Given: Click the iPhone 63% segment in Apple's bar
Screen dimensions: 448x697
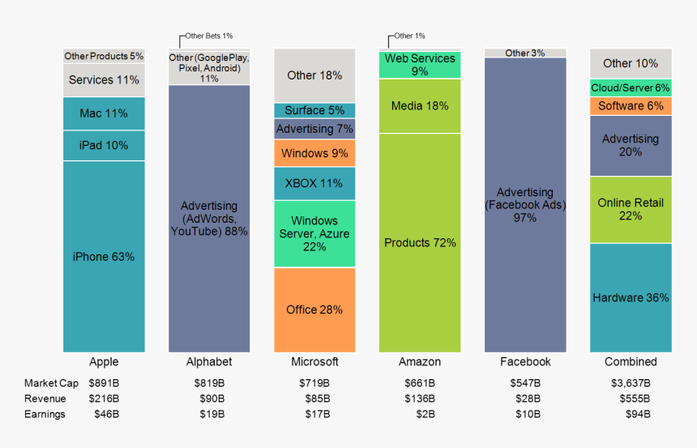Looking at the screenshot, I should click(x=104, y=257).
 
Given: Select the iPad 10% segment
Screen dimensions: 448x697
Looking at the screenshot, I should click(x=104, y=146).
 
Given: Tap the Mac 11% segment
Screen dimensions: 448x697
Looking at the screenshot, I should click(x=104, y=113).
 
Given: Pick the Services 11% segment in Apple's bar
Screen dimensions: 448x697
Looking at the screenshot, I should click(x=104, y=80).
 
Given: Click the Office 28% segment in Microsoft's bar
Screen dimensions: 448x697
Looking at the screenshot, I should click(x=314, y=309).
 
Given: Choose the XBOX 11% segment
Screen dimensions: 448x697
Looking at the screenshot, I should click(x=314, y=183).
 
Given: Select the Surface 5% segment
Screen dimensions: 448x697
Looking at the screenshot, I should click(x=314, y=110).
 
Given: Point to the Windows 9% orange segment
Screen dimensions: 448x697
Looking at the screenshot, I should click(x=314, y=152).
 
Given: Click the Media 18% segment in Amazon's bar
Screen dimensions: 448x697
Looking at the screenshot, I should click(x=420, y=105).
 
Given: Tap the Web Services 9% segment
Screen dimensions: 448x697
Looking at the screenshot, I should click(x=420, y=65).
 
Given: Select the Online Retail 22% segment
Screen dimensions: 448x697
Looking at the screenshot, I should click(x=631, y=209).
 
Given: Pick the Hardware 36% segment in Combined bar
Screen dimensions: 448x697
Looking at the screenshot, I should click(x=631, y=297).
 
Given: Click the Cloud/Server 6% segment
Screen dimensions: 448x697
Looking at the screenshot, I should click(x=631, y=87).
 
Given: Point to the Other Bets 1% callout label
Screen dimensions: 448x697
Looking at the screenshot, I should click(x=208, y=36).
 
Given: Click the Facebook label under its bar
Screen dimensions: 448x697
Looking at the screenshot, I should click(x=525, y=362).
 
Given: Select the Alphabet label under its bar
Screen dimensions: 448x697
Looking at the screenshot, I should click(x=209, y=362).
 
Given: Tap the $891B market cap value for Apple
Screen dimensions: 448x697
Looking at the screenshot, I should click(x=104, y=383).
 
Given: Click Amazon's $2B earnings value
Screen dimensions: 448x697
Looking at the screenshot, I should click(x=420, y=414).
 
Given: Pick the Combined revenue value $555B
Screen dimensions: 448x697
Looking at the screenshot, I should click(x=631, y=399).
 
